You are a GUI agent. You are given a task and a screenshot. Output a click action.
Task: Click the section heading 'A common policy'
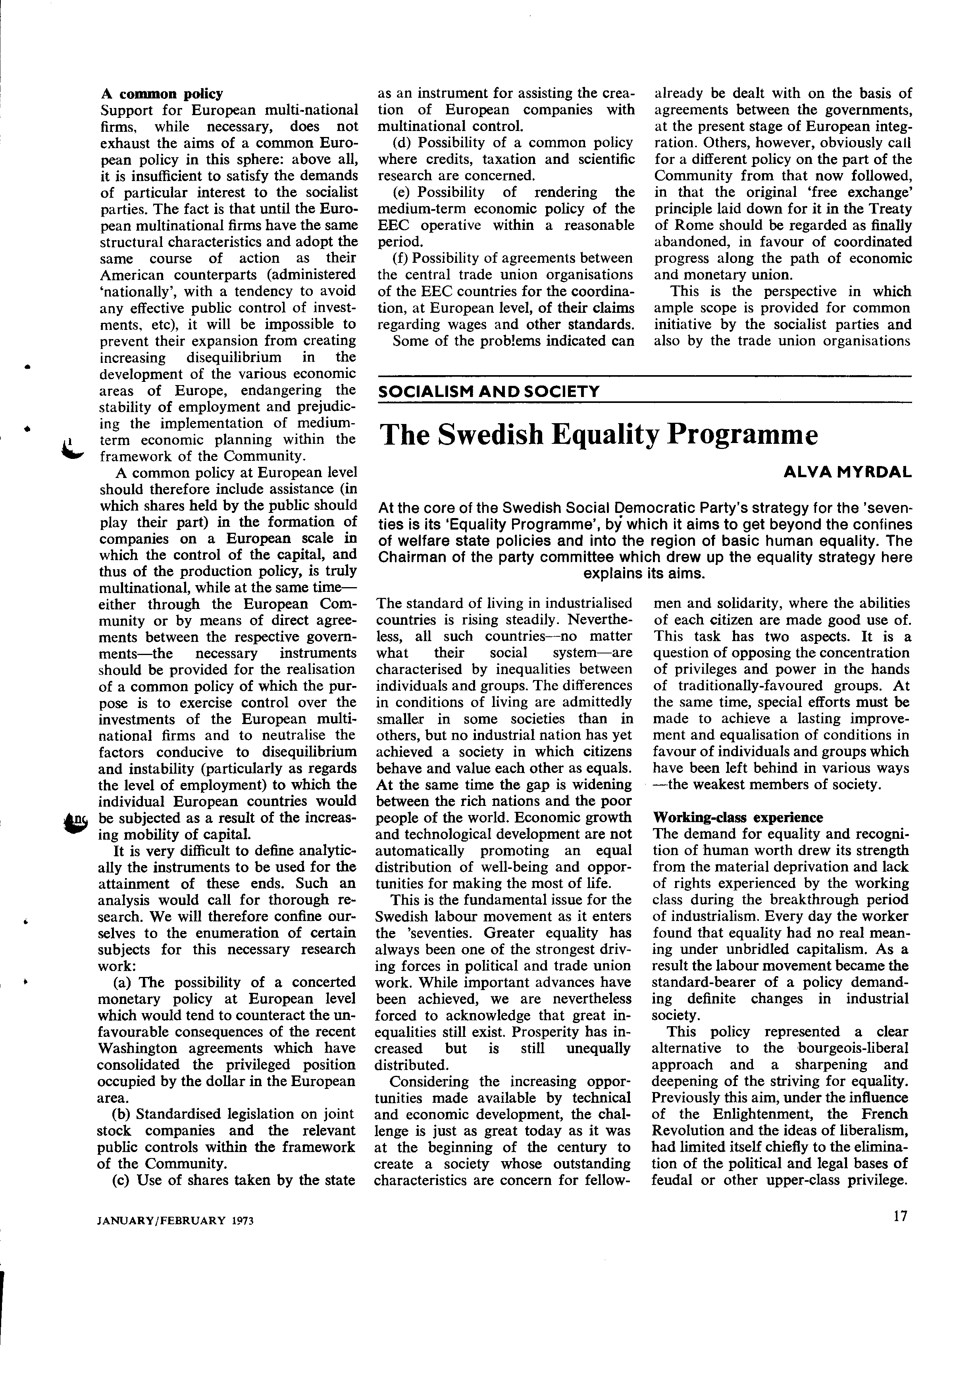(161, 94)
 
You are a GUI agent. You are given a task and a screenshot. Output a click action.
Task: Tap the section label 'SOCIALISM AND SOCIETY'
(488, 391)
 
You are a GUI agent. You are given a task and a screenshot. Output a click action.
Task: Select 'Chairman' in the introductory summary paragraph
(407, 557)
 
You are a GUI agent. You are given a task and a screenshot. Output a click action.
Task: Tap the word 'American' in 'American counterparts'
(128, 275)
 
